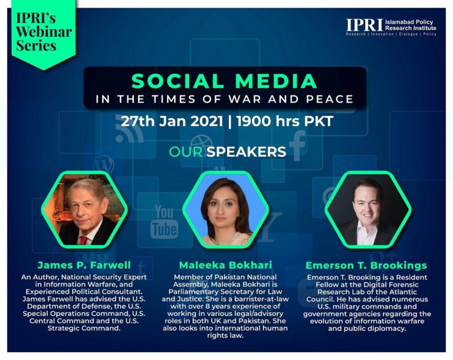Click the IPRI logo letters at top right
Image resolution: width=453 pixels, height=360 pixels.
coord(365,25)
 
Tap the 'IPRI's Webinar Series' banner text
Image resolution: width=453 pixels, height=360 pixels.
coord(44,32)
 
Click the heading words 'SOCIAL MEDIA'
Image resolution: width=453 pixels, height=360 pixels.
coord(225,81)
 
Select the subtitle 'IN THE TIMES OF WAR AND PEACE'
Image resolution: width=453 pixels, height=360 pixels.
coord(225,100)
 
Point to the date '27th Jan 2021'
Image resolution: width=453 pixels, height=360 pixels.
coord(172,121)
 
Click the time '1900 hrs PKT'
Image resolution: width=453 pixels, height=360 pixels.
coord(285,121)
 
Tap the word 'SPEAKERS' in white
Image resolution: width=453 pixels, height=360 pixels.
coord(246,152)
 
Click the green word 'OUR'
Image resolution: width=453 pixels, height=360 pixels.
coord(185,152)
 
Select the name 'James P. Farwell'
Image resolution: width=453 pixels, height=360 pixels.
coord(84,265)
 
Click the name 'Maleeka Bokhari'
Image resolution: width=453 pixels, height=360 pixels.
coord(225,265)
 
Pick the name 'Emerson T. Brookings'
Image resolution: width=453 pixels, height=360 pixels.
coord(366,265)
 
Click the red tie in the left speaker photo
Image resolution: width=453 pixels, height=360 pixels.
coord(83,240)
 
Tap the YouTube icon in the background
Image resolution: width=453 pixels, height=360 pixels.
coord(164,222)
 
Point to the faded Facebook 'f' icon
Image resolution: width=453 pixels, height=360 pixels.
coord(297,146)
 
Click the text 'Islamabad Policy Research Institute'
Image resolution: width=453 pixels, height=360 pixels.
coord(411,25)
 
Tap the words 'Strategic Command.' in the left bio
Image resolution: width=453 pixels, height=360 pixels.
coord(84,328)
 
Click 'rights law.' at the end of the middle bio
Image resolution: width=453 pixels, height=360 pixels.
coord(225,336)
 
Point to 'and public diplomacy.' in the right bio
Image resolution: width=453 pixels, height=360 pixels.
coord(367,329)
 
